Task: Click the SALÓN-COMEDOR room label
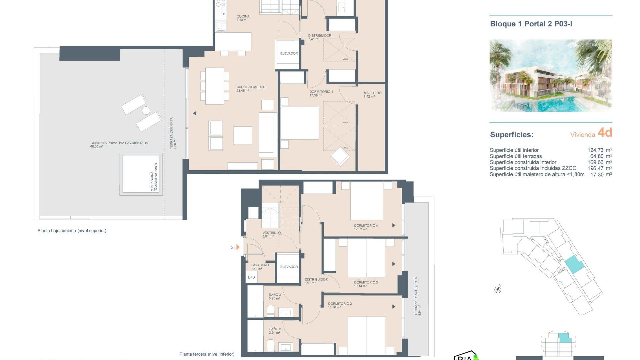coord(251,87)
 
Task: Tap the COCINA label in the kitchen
coord(243,16)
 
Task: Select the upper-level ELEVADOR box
coord(289,53)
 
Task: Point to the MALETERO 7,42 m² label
coord(372,93)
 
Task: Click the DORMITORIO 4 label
coord(366,226)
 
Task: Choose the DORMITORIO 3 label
coord(366,282)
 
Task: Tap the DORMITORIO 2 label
coord(340,304)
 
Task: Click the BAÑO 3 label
coord(275,295)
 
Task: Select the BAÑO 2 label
coord(275,329)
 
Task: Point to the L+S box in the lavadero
coord(251,277)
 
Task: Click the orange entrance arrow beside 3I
coord(238,247)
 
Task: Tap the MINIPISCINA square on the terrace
coord(141,174)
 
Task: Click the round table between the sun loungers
coord(146,110)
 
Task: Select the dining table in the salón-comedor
coord(214,86)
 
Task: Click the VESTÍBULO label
coord(271,233)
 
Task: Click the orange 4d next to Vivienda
coord(605,133)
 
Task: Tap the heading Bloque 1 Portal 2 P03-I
coord(531,24)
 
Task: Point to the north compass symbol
coord(498,289)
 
